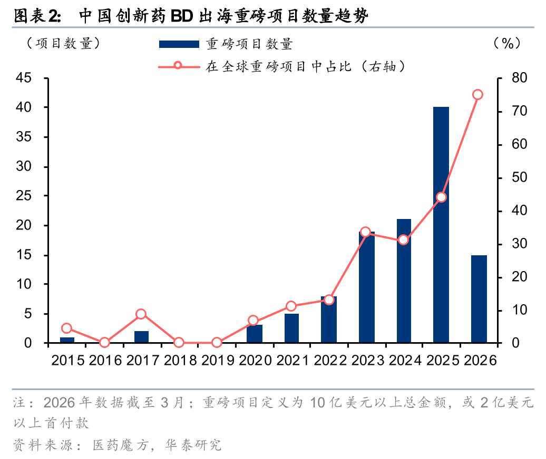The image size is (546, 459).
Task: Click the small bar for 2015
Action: (67, 340)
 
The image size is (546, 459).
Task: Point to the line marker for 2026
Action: (477, 95)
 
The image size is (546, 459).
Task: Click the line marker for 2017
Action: (141, 314)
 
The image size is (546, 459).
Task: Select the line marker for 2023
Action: (365, 232)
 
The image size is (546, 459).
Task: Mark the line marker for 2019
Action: (217, 343)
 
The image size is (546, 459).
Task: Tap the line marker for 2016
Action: (104, 343)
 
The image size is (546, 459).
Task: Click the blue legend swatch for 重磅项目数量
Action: (179, 44)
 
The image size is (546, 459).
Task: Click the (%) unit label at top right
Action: (507, 44)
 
